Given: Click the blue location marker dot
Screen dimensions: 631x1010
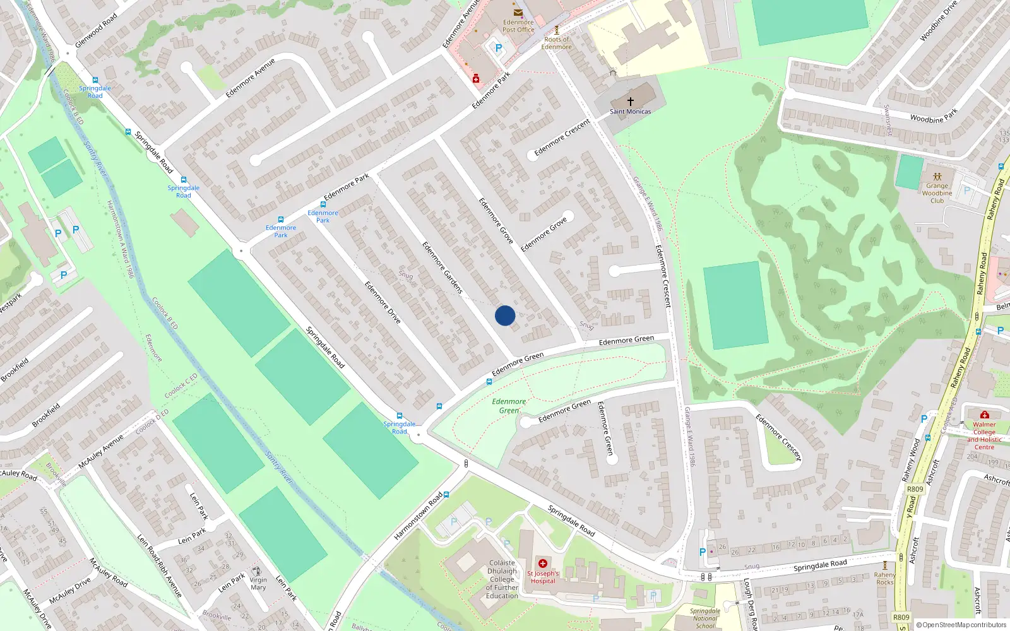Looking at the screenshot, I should click(505, 315).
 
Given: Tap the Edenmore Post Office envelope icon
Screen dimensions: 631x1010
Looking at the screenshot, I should click(518, 13).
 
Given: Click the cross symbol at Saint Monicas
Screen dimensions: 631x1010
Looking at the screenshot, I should click(630, 101).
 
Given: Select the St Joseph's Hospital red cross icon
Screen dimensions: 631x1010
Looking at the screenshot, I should click(543, 563).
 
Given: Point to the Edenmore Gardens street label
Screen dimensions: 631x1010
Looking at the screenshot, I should click(443, 268).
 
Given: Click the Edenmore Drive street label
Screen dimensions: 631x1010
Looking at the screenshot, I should click(383, 302).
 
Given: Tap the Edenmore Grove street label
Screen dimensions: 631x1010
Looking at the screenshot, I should click(496, 221).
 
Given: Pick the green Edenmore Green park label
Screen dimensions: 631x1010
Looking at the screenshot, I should click(509, 406).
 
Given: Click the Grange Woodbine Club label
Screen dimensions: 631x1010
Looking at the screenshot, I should click(937, 193).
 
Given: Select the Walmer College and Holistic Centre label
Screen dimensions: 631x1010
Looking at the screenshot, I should click(983, 435).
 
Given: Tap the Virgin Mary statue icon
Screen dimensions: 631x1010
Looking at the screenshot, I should click(257, 572).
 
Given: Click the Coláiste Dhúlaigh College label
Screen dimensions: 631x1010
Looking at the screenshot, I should click(502, 579).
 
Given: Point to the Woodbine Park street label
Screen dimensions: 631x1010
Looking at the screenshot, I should click(934, 115).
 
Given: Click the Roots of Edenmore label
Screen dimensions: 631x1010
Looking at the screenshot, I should click(556, 43).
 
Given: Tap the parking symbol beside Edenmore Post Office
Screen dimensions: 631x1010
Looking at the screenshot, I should click(499, 48).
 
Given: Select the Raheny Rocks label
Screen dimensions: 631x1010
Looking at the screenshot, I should click(885, 578).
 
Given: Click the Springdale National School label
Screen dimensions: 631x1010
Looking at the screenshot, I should click(705, 618).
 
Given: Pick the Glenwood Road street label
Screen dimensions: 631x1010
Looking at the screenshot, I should click(96, 31).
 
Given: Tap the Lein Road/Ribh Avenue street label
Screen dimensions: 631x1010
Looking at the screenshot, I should click(160, 565).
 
